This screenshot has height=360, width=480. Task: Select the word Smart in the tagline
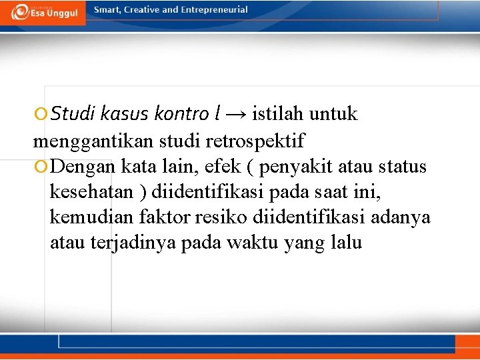[107, 10]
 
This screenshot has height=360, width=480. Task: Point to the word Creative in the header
[141, 10]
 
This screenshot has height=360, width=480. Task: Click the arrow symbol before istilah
[236, 115]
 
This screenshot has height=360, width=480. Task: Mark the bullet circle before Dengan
[41, 166]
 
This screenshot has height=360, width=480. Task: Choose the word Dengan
[85, 166]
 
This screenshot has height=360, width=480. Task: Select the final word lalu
[346, 243]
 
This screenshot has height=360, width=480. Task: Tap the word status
[401, 166]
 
